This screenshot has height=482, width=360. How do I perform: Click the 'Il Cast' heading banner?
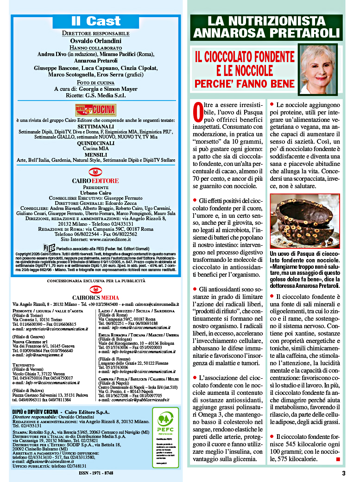(x=96, y=21)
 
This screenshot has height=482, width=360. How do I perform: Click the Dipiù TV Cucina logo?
(x=96, y=110)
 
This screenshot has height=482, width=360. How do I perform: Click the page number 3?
(x=343, y=473)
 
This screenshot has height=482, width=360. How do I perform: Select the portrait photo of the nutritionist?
(x=318, y=69)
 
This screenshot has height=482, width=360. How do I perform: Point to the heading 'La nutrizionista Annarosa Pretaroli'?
(x=266, y=27)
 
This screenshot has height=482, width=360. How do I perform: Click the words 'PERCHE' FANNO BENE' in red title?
(x=244, y=83)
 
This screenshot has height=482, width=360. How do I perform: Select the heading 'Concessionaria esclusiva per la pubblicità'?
(x=96, y=281)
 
